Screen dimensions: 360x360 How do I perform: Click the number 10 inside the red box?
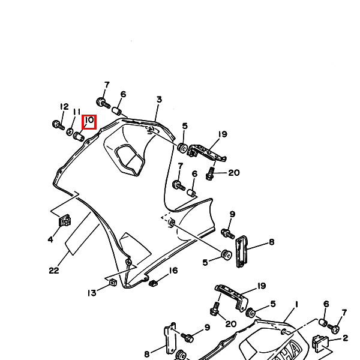point(89,120)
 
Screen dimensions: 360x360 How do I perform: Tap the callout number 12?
point(64,107)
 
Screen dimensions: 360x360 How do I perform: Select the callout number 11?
point(77,112)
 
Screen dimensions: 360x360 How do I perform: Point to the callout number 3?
point(159,100)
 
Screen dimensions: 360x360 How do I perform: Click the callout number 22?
point(54,271)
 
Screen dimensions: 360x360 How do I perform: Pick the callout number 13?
point(92,293)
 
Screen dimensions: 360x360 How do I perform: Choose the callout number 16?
point(173,271)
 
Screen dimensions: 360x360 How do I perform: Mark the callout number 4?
point(50,239)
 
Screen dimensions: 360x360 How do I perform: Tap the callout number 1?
point(296,305)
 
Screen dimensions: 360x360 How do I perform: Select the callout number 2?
point(346,338)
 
